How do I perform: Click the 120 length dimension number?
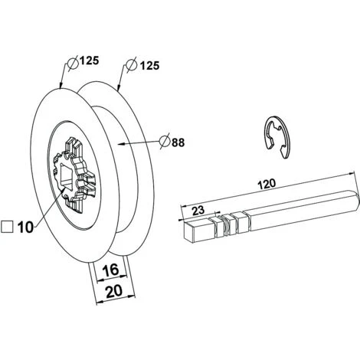[267, 184]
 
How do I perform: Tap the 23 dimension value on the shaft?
[198, 211]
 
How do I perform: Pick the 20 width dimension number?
[114, 292]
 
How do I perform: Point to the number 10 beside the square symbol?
[25, 227]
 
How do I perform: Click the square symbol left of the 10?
[7, 227]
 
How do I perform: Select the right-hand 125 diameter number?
[150, 66]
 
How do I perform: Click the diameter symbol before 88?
[165, 142]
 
